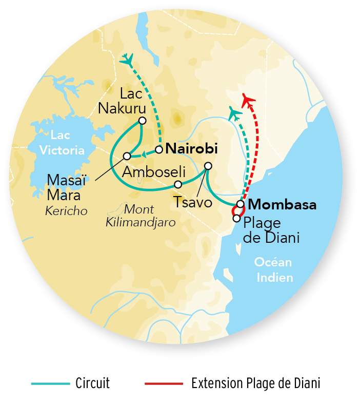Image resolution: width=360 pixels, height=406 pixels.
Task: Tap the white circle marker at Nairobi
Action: [159, 150]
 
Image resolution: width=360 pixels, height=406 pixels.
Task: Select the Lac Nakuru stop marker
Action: [142, 121]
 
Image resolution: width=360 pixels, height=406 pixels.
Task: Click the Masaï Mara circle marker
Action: [127, 156]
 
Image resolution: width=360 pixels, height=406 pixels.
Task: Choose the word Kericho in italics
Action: [66, 210]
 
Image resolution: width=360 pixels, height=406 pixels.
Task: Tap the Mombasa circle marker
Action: [240, 204]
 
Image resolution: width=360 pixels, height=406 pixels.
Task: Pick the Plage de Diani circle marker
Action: [236, 218]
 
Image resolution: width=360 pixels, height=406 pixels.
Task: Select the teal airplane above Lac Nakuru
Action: [126, 60]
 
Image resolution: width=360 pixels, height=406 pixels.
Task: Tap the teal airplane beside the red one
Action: [235, 112]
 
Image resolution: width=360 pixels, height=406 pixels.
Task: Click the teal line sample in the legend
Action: [50, 383]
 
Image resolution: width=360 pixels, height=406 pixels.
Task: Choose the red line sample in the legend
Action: [164, 383]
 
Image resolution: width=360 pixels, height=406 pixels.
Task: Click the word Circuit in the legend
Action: [92, 383]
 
